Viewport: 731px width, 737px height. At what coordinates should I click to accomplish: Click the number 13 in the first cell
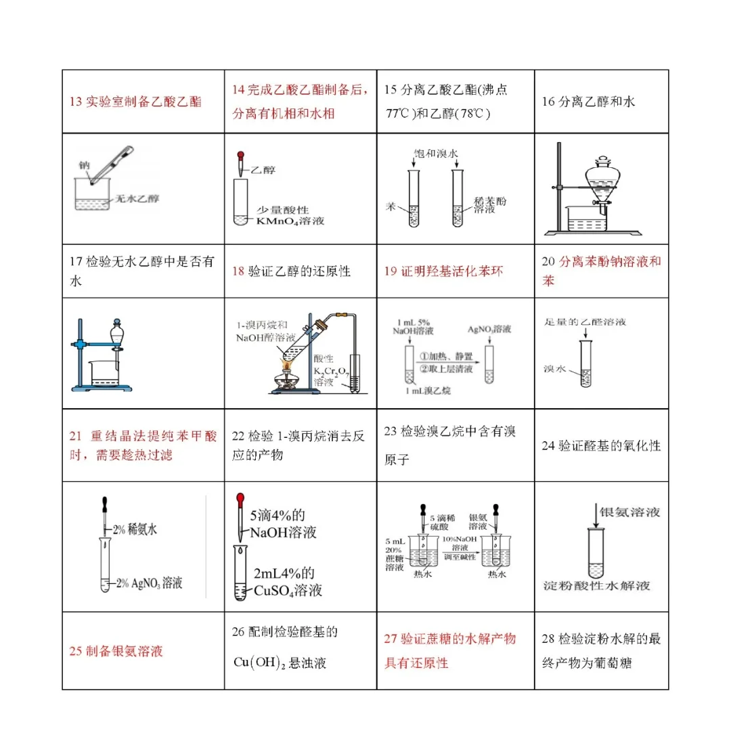tap(76, 102)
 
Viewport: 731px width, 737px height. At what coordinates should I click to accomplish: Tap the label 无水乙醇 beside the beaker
tap(137, 199)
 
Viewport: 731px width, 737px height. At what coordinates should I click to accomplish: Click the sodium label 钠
tap(84, 164)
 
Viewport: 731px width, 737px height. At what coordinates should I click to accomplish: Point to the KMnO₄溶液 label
tap(290, 221)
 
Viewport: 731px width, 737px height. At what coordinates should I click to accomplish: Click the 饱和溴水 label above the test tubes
tap(436, 154)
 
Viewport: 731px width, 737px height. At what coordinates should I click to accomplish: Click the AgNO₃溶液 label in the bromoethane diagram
tap(489, 329)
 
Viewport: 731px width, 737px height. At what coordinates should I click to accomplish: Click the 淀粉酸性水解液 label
tap(596, 585)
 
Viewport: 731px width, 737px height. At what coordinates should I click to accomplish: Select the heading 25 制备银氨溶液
tap(116, 651)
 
